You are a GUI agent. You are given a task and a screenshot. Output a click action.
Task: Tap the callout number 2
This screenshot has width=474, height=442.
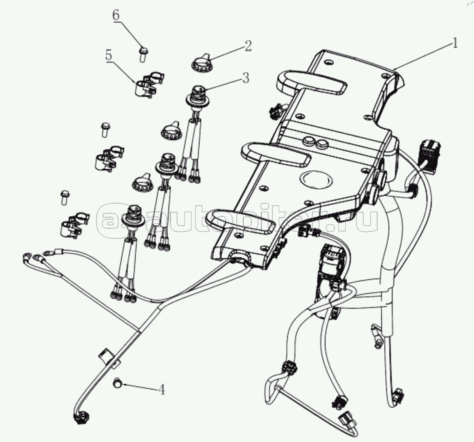(247, 46)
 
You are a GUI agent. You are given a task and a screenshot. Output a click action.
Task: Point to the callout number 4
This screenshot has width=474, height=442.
(162, 389)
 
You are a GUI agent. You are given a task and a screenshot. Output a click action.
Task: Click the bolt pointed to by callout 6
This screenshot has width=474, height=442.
(143, 54)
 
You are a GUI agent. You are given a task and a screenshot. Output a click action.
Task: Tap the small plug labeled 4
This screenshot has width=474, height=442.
(117, 382)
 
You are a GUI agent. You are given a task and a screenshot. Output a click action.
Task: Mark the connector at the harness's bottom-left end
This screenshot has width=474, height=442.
(81, 419)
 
